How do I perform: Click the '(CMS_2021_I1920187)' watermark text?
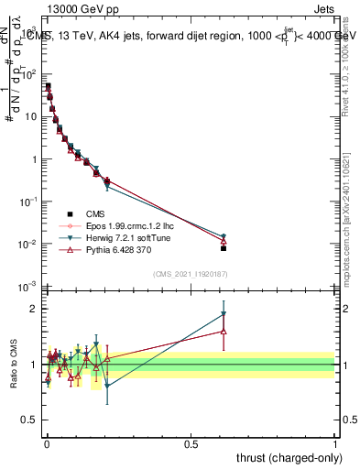pos(190,273)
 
